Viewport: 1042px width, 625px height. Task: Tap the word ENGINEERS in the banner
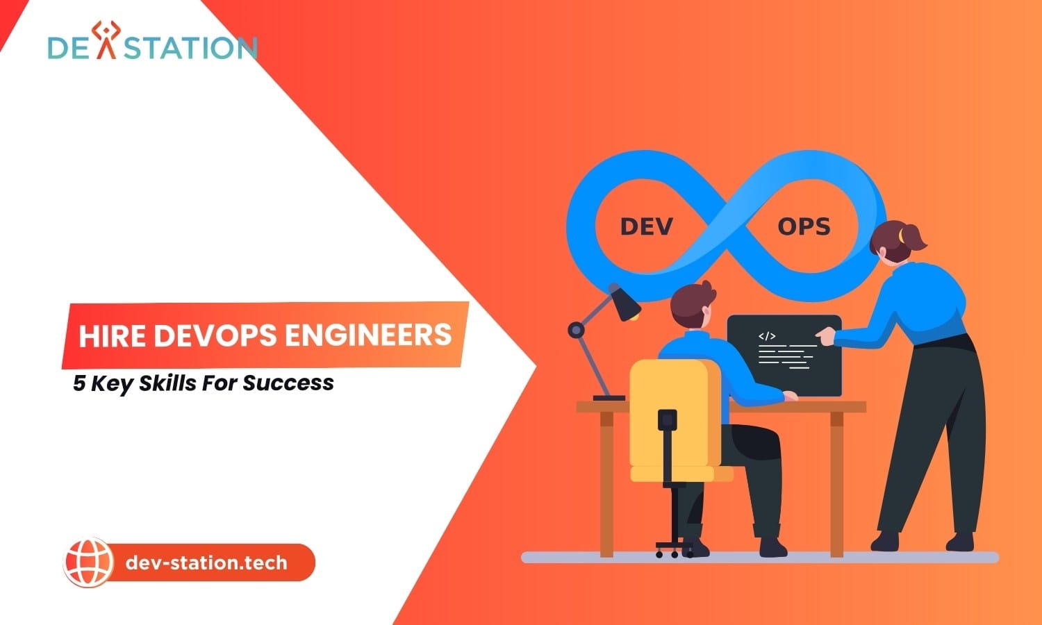click(368, 335)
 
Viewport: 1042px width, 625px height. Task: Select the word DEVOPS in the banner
click(215, 335)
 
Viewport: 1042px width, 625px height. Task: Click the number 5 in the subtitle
click(79, 383)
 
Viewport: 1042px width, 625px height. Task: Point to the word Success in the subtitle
click(288, 383)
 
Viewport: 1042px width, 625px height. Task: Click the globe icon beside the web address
click(88, 562)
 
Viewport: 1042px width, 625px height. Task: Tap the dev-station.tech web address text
click(206, 562)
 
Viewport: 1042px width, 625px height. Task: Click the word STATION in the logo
click(190, 47)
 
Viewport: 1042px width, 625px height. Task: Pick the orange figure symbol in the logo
click(106, 40)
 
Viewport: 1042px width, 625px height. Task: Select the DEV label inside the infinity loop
click(647, 227)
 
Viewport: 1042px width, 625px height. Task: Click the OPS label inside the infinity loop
click(804, 227)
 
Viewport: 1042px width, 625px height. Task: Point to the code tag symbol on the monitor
click(767, 336)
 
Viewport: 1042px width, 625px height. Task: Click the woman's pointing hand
click(825, 335)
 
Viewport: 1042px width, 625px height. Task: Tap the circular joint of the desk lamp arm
click(577, 330)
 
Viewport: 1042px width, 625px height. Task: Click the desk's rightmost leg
click(837, 484)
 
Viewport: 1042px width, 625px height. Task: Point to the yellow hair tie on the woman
click(901, 235)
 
